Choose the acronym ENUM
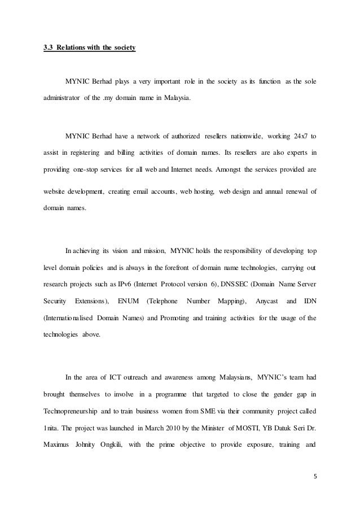128,300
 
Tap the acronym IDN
310,300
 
